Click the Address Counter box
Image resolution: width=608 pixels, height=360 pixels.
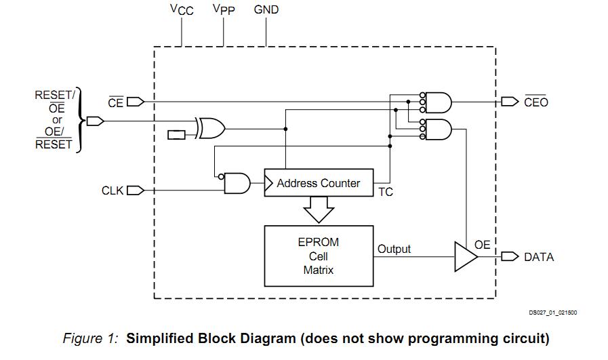pyautogui.click(x=319, y=183)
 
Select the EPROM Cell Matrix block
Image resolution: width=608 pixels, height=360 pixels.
pyautogui.click(x=319, y=256)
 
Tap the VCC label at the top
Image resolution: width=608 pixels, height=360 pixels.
pyautogui.click(x=182, y=9)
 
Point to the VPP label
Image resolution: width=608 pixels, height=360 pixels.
pyautogui.click(x=224, y=9)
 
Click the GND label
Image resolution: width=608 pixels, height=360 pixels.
pyautogui.click(x=266, y=9)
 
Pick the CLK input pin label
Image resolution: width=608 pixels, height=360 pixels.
pyautogui.click(x=113, y=191)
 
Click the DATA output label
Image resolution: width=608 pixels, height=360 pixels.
pyautogui.click(x=539, y=257)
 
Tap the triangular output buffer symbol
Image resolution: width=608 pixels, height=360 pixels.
pyautogui.click(x=465, y=257)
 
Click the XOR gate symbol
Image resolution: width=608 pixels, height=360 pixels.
pyautogui.click(x=210, y=127)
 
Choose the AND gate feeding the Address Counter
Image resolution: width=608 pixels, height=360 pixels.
pyautogui.click(x=237, y=183)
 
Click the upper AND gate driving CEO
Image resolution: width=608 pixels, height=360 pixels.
pyautogui.click(x=439, y=102)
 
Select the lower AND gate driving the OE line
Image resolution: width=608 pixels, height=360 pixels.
pyautogui.click(x=439, y=128)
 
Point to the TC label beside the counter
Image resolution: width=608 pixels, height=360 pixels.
pyautogui.click(x=386, y=193)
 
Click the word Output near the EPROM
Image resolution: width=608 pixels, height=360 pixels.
pyautogui.click(x=394, y=249)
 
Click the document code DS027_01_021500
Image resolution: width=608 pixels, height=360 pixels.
pyautogui.click(x=553, y=313)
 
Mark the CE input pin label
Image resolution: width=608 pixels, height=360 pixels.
pyautogui.click(x=115, y=102)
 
